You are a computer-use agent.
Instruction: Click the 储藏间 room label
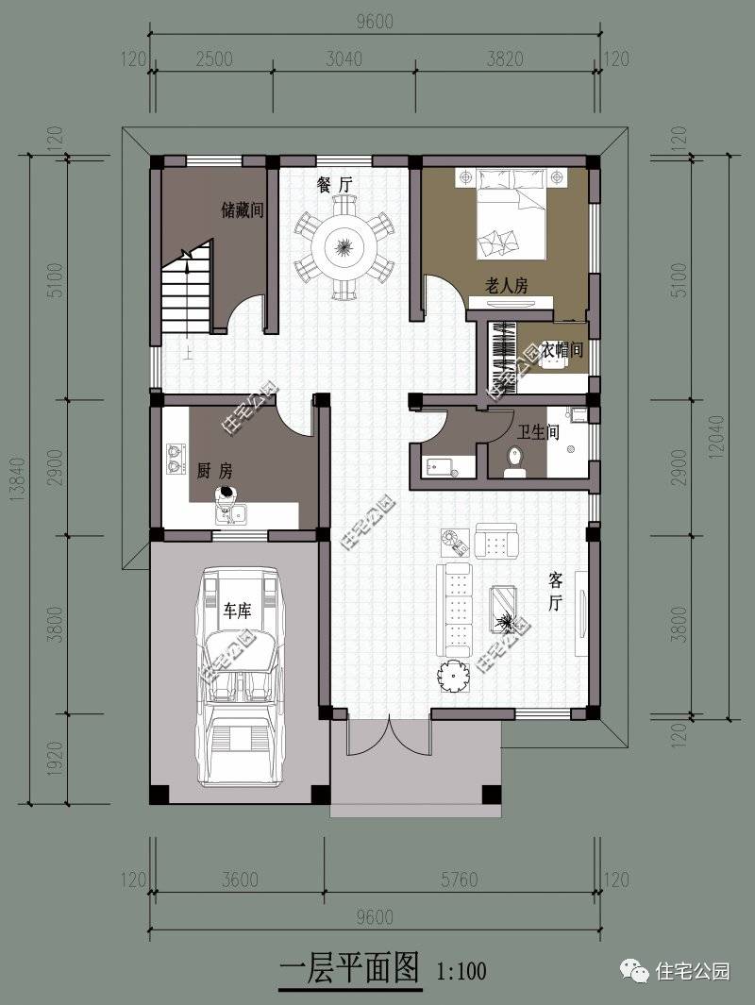[x=243, y=209]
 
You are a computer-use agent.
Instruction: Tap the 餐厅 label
[x=334, y=185]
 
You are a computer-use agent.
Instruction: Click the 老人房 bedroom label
[x=507, y=285]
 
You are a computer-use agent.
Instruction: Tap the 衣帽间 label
[x=562, y=349]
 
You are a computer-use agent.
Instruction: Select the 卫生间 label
[x=538, y=432]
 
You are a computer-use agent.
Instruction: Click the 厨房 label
[x=215, y=471]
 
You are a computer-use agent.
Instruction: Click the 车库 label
[x=237, y=611]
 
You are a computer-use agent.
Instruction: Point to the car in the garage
[x=241, y=677]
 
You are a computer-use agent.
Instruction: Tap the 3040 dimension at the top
[x=344, y=59]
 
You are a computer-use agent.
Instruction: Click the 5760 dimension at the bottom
[x=459, y=879]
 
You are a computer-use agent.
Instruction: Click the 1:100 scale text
[x=461, y=971]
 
